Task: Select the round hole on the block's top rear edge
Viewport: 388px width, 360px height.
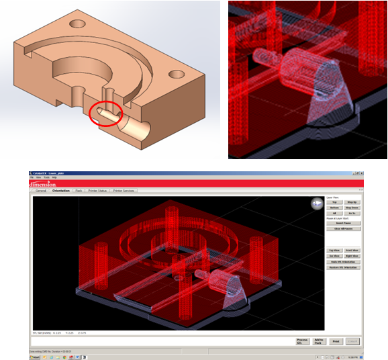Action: (x=78, y=24)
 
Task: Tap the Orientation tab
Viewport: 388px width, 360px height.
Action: (x=60, y=191)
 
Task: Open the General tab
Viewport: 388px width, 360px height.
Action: (x=40, y=191)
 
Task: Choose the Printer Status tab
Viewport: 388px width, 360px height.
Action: (x=98, y=191)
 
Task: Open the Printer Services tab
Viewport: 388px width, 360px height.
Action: (x=124, y=191)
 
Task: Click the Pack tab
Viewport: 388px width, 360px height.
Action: (x=79, y=191)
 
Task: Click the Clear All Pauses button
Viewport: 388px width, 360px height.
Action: (x=343, y=229)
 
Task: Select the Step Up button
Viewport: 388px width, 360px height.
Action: (x=352, y=202)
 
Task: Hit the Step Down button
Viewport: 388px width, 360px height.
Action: (x=352, y=208)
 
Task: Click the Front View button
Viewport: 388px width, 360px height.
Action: (x=352, y=251)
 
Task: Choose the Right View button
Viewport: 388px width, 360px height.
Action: (x=352, y=256)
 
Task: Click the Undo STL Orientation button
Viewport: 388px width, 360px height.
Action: (x=343, y=261)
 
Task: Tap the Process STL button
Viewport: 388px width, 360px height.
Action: (x=303, y=341)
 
